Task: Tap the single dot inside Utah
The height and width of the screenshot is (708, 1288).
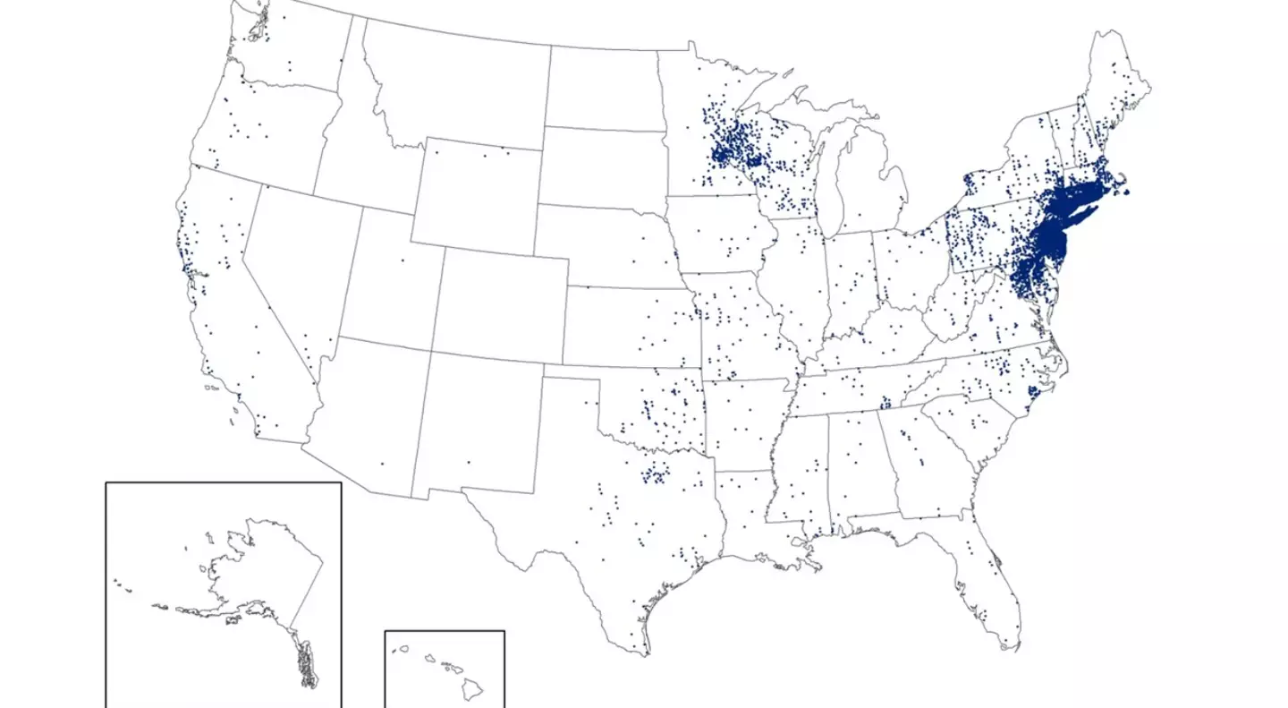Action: [402, 260]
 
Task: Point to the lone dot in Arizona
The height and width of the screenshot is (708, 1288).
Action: [382, 463]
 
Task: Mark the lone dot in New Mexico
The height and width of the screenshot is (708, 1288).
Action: [469, 462]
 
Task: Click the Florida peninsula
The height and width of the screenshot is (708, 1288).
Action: [993, 582]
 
